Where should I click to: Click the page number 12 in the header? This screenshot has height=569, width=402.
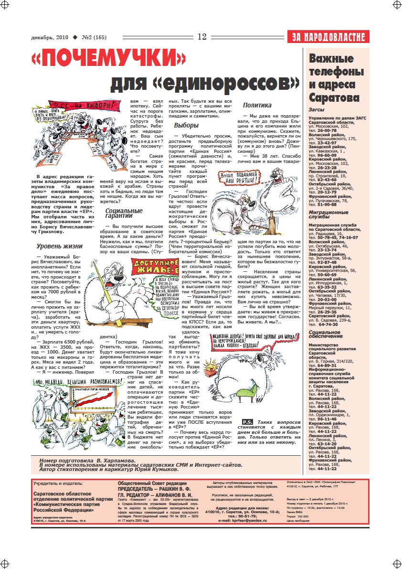pyautogui.click(x=201, y=37)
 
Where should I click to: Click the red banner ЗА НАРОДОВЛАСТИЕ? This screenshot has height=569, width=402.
pyautogui.click(x=328, y=37)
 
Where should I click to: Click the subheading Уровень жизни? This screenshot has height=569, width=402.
pyautogui.click(x=60, y=247)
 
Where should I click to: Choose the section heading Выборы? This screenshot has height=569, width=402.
pyautogui.click(x=186, y=125)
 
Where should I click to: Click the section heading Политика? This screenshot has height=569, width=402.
pyautogui.click(x=257, y=105)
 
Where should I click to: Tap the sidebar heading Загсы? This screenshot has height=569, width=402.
pyautogui.click(x=318, y=110)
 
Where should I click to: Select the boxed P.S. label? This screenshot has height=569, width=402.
pyautogui.click(x=247, y=422)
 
